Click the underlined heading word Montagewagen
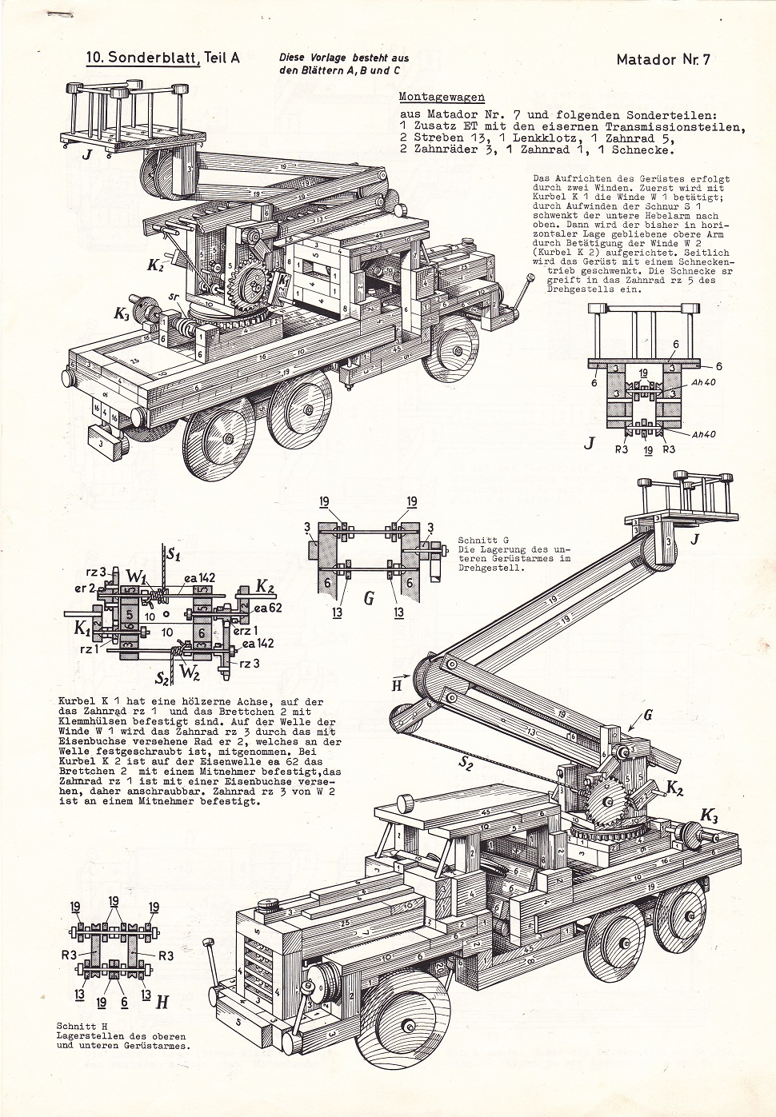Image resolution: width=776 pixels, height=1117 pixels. [442, 97]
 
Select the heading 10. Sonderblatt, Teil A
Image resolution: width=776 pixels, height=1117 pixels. [163, 58]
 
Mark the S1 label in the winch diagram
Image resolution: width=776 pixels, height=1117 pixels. [172, 553]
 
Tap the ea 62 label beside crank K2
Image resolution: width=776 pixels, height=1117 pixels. [269, 608]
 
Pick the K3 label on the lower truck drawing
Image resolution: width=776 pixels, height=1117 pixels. [708, 815]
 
